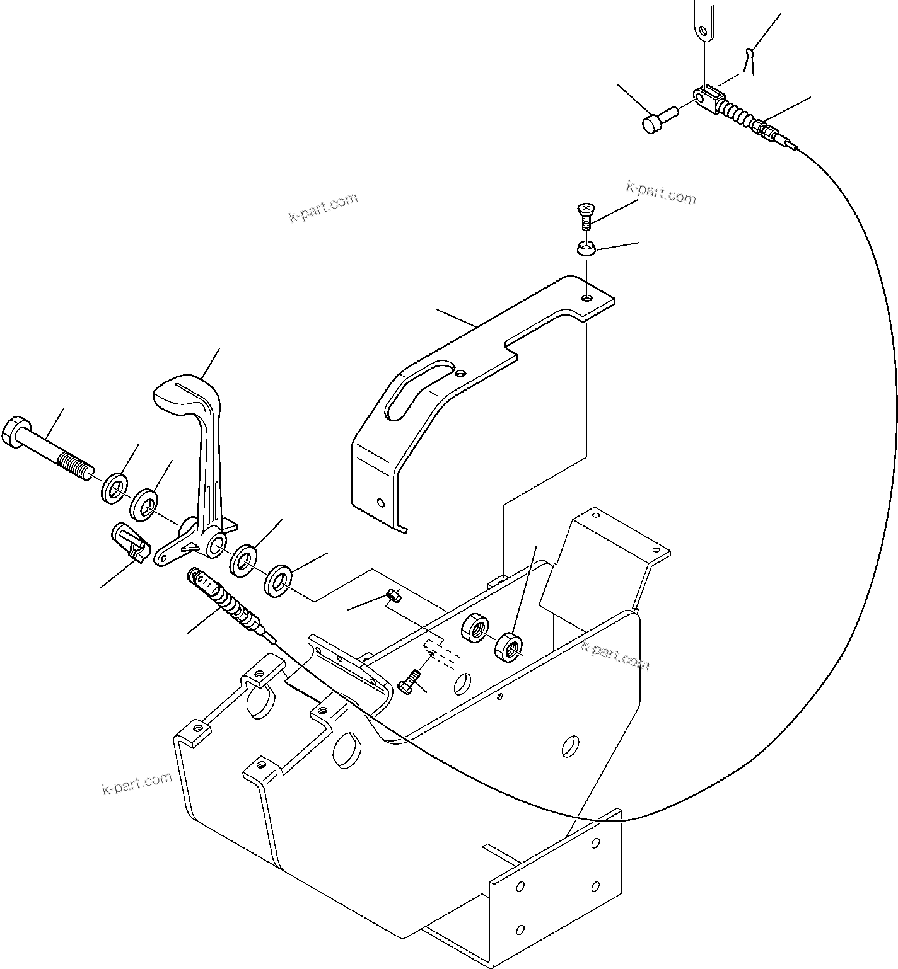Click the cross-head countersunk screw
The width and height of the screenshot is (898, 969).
[x=586, y=214]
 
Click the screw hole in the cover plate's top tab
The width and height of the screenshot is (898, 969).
[x=587, y=297]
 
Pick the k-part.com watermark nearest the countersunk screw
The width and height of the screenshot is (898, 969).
[x=661, y=193]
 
